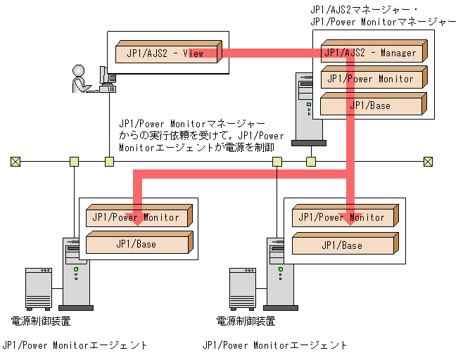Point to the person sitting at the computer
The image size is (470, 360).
coord(79,79)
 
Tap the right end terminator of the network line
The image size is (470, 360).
coord(428,162)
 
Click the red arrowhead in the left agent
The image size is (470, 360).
coord(139,215)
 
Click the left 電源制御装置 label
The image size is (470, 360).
coord(41,321)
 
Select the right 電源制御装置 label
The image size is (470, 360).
coord(246,321)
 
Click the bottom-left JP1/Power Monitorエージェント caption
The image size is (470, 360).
coord(75,345)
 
